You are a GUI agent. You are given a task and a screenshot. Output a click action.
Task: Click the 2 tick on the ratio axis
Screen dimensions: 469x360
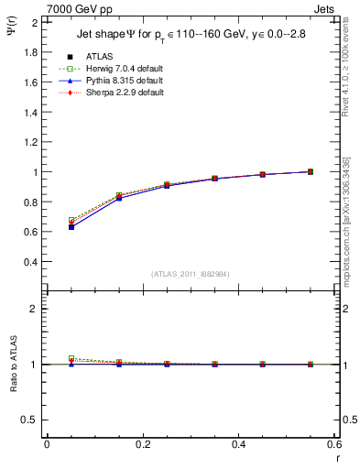pyautogui.click(x=36, y=309)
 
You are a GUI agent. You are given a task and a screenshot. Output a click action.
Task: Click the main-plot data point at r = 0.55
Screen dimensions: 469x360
pyautogui.click(x=311, y=171)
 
